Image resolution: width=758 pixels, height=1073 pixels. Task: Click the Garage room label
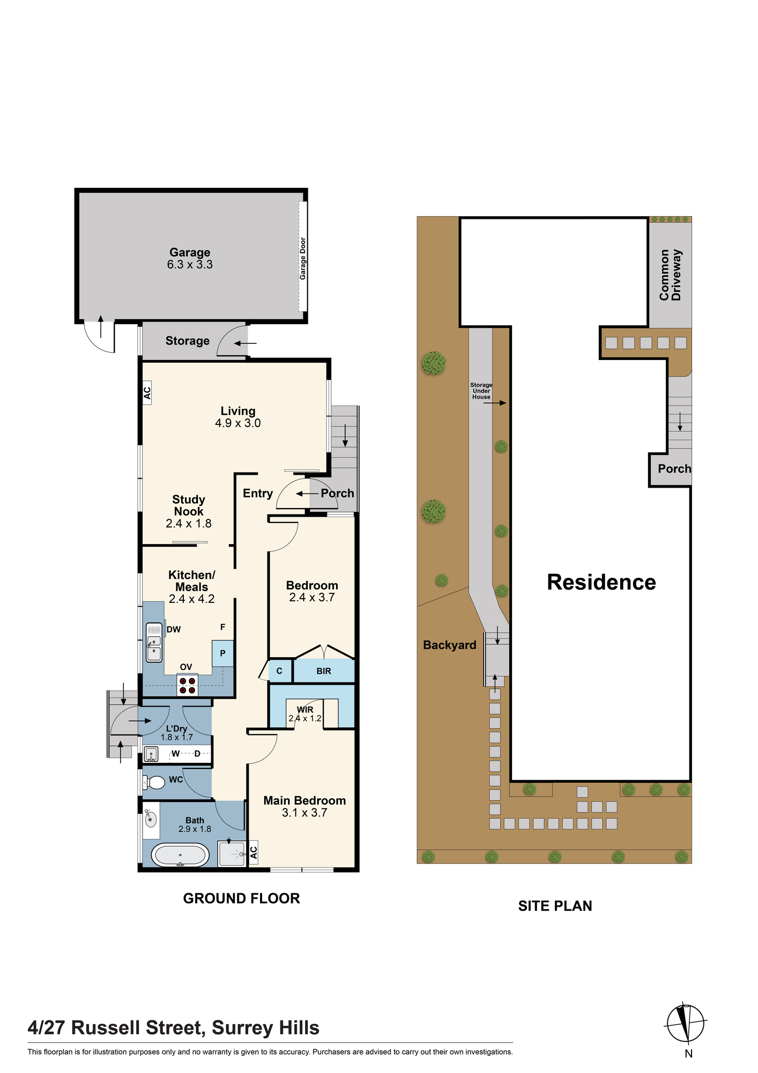[190, 252]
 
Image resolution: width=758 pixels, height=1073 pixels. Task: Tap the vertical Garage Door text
[303, 259]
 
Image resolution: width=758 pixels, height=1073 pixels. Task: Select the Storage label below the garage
[187, 341]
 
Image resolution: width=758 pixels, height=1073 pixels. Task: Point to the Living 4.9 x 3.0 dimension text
[238, 423]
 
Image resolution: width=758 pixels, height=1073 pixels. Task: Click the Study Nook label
[189, 505]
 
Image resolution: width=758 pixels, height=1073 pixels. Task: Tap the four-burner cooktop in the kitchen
[188, 686]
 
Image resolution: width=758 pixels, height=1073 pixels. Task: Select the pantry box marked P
[222, 653]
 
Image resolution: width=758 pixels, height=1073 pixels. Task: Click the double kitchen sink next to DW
[154, 642]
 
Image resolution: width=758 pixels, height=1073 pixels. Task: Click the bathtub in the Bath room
[180, 855]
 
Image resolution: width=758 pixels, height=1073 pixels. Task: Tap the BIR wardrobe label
[324, 671]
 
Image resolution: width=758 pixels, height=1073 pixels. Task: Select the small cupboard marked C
[279, 671]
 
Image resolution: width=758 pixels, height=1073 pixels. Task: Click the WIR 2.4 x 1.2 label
[305, 714]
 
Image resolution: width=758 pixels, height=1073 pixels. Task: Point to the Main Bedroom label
[304, 800]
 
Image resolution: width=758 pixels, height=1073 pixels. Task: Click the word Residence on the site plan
[601, 582]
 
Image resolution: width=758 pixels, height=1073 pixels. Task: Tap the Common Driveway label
[670, 274]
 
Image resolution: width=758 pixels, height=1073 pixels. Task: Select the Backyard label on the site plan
[450, 645]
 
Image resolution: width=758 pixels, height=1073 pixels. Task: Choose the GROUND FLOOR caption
[241, 899]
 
